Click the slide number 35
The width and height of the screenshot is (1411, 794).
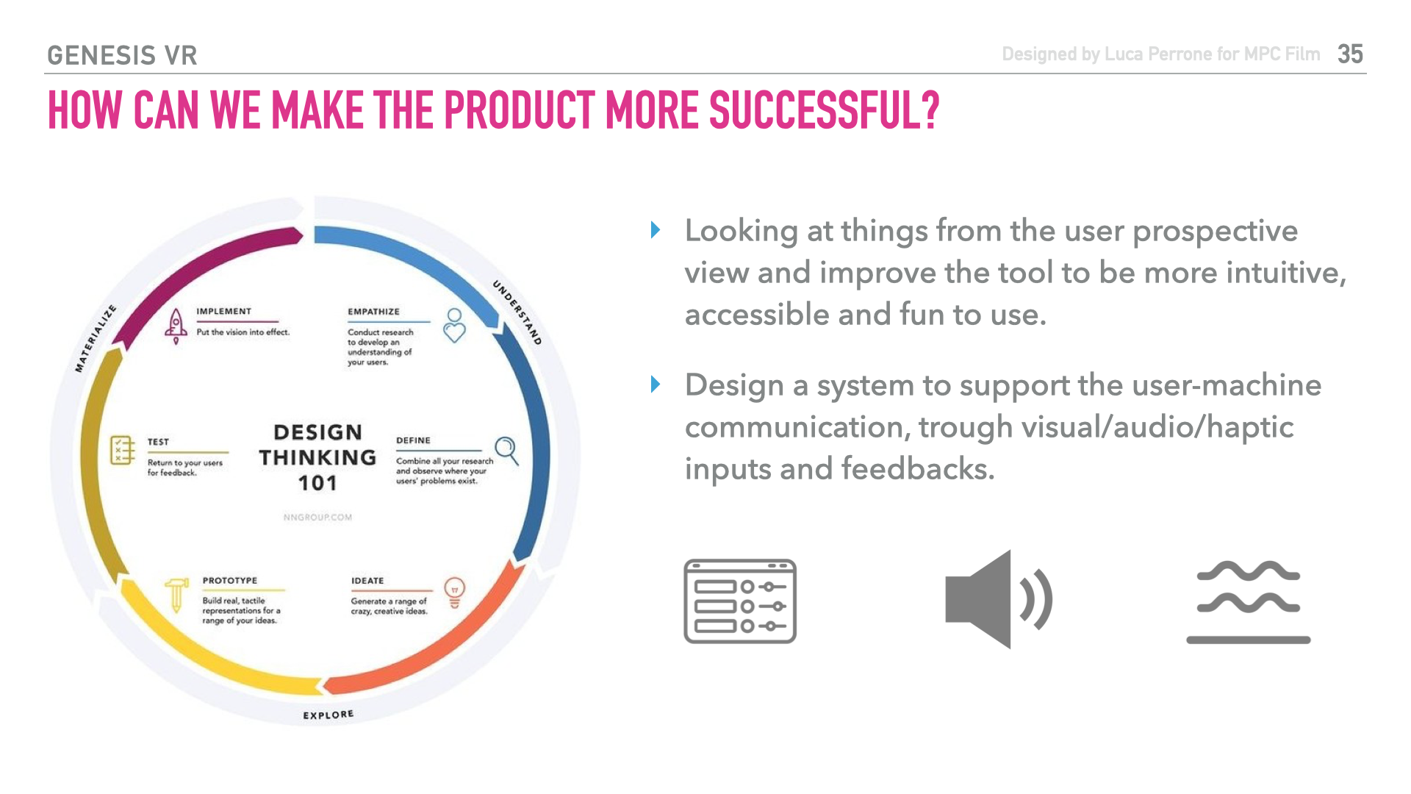coord(1351,54)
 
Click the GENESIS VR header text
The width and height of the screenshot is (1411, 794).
coord(122,56)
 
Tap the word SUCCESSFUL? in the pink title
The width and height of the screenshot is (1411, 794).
coord(825,111)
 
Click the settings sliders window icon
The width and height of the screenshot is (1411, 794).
coord(740,601)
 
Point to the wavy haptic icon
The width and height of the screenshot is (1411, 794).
coord(1249,602)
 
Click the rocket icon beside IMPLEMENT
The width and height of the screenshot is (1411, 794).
coord(176,326)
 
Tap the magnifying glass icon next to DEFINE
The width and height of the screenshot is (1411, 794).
coord(507,451)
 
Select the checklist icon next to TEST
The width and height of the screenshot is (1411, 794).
coord(123,450)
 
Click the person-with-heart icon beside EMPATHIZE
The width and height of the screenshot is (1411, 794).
coord(455,326)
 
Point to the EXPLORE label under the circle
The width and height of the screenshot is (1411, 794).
coord(328,715)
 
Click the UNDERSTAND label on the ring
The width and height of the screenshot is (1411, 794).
coord(517,312)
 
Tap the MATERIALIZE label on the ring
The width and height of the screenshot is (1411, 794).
coord(96,338)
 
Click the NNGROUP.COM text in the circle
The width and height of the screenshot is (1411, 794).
coord(317,518)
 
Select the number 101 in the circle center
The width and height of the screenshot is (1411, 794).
coord(317,483)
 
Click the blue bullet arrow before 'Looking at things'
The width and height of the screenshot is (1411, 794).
coord(656,230)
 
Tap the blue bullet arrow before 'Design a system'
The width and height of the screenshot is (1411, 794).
coord(656,385)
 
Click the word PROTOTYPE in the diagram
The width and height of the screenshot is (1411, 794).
coord(230,581)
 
